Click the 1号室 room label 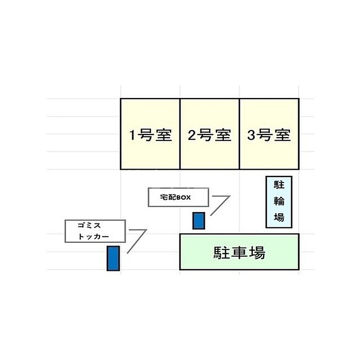pyautogui.click(x=151, y=135)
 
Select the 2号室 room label pyautogui.click(x=209, y=135)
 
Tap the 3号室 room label pyautogui.click(x=269, y=135)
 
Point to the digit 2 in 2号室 pyautogui.click(x=192, y=135)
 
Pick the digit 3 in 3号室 pyautogui.click(x=251, y=135)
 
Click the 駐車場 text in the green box pyautogui.click(x=239, y=253)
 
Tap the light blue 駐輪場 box pyautogui.click(x=279, y=202)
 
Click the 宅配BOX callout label pyautogui.click(x=178, y=197)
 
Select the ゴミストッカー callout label pyautogui.click(x=95, y=231)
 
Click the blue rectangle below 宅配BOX pyautogui.click(x=199, y=221)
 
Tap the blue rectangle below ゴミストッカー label pyautogui.click(x=113, y=258)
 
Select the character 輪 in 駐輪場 pyautogui.click(x=279, y=201)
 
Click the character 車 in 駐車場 pyautogui.click(x=239, y=253)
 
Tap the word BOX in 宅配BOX pyautogui.click(x=184, y=198)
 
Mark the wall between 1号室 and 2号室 pyautogui.click(x=180, y=134)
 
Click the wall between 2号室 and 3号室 pyautogui.click(x=239, y=134)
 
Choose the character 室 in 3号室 pyautogui.click(x=283, y=135)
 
